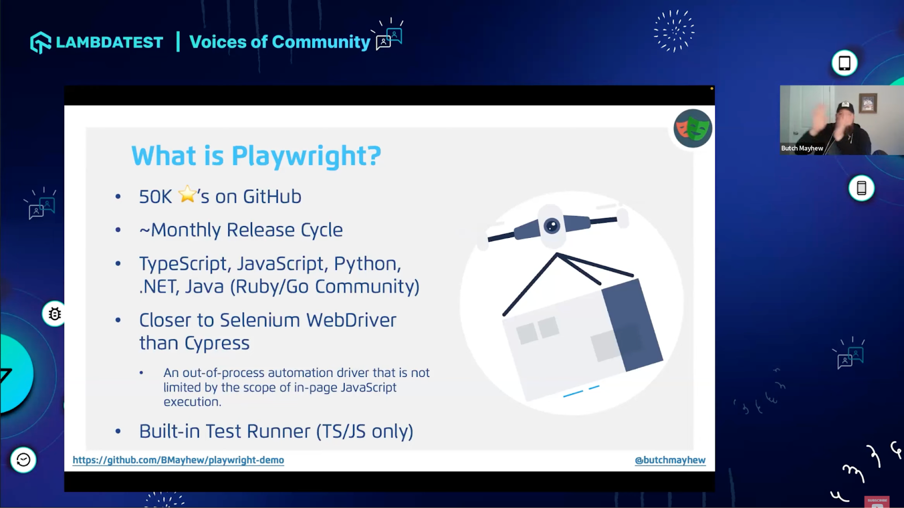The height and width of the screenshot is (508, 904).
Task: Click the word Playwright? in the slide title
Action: pos(306,156)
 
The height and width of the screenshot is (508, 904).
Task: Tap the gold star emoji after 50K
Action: pos(187,194)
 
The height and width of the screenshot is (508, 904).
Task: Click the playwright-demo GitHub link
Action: pos(178,460)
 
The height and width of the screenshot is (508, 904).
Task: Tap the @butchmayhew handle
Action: pos(670,460)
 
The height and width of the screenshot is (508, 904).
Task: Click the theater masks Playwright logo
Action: pos(693,128)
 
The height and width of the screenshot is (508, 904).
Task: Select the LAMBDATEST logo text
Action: pos(109,42)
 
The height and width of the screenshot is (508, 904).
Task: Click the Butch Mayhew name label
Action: pos(802,148)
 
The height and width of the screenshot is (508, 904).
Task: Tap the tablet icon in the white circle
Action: pos(844,63)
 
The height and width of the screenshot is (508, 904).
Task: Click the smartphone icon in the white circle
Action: pos(861,188)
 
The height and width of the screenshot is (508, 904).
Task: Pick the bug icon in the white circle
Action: pos(54,314)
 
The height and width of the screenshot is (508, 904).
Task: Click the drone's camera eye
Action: pos(551,226)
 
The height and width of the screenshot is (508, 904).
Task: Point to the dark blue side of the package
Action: pos(632,325)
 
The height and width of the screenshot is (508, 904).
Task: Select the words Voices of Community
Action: pos(280,42)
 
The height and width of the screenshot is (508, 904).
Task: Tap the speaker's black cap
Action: pos(845,107)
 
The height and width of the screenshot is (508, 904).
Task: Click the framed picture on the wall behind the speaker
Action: pos(867,103)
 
